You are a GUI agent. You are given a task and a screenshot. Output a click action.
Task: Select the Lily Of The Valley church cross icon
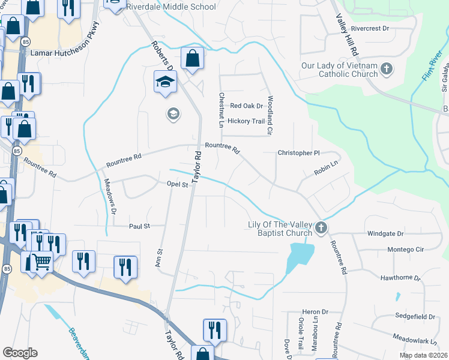click(321, 228)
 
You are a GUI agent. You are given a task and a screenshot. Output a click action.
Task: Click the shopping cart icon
click(41, 262)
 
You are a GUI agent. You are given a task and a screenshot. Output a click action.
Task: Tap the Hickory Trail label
click(246, 121)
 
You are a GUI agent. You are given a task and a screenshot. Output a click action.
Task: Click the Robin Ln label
click(327, 172)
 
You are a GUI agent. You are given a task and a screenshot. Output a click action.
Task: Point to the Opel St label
click(177, 185)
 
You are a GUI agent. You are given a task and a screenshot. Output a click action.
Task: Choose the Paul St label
click(139, 226)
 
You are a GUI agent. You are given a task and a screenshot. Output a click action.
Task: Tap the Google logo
click(20, 353)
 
